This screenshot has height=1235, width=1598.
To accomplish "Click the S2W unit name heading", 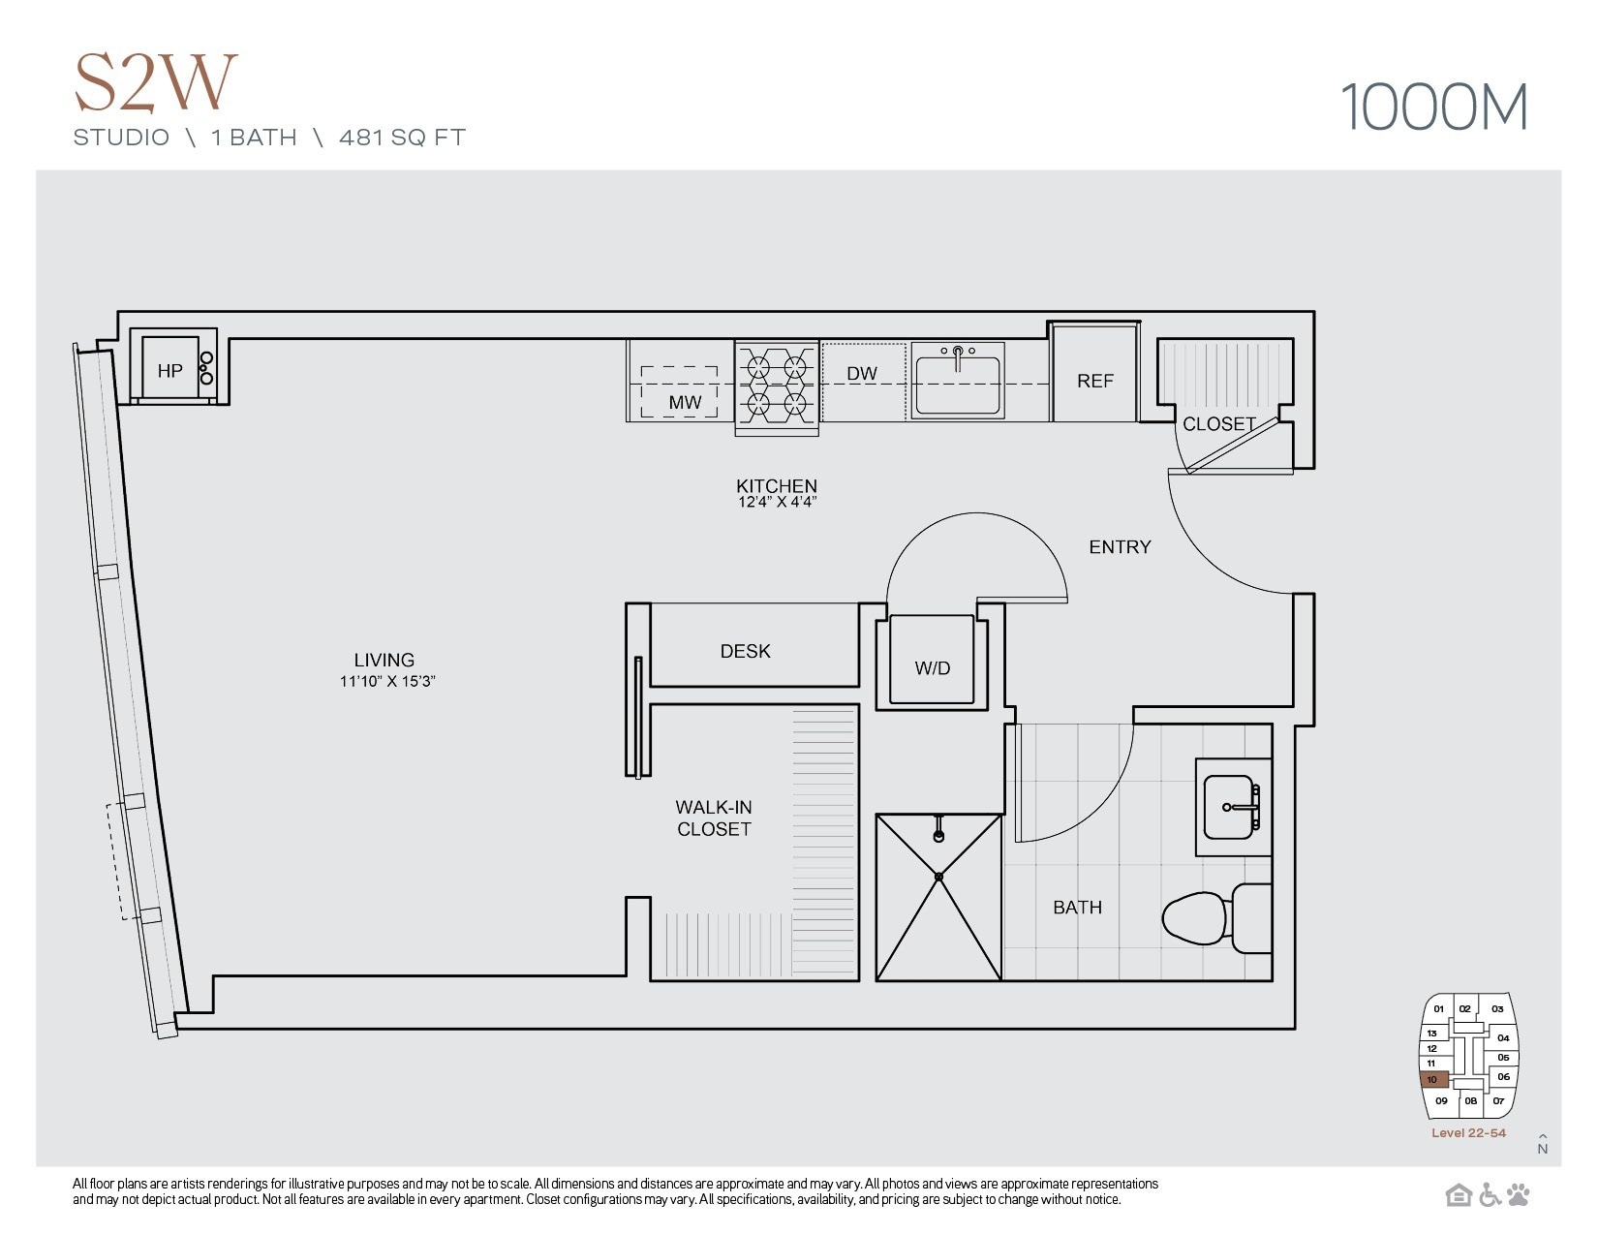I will (155, 83).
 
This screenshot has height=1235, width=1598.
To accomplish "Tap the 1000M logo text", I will (1433, 108).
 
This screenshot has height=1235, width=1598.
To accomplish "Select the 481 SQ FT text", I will (402, 138).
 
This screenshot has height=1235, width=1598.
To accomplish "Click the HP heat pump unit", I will (170, 369).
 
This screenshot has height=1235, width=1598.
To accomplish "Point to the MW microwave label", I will (684, 402).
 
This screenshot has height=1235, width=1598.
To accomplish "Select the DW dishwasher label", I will (861, 374).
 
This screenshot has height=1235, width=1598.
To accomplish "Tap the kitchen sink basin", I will (957, 385).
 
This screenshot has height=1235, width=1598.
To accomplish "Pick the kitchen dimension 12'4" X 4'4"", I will (776, 503).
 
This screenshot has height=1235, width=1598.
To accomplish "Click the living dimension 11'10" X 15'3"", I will (386, 681).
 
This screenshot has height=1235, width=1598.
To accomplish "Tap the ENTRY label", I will (1120, 547).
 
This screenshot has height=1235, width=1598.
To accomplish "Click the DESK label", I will (745, 651).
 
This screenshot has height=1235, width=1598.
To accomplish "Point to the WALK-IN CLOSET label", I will (714, 818).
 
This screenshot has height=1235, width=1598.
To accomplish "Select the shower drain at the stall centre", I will (938, 877).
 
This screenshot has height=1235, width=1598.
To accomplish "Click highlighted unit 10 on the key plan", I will (1433, 1080).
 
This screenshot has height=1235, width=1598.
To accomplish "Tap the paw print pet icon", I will (1518, 1195).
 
